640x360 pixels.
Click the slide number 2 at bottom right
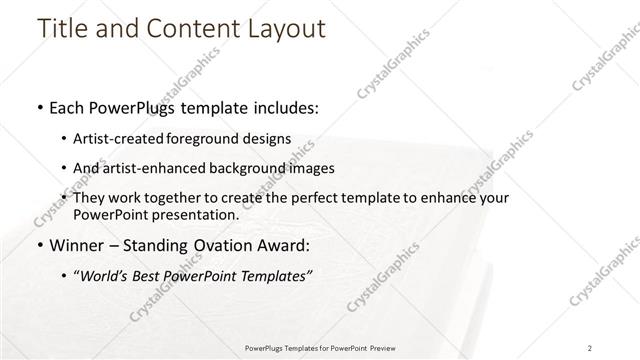(x=590, y=347)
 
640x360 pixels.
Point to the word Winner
(x=80, y=245)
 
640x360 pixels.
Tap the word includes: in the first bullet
(x=282, y=108)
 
